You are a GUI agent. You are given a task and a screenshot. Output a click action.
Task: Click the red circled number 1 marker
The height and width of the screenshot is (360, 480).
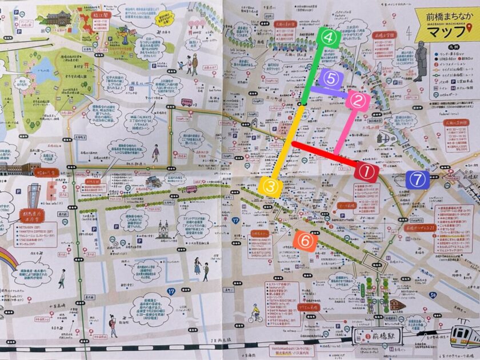(x=366, y=171)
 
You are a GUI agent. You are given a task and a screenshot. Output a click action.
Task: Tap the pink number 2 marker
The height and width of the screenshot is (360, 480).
(x=358, y=102)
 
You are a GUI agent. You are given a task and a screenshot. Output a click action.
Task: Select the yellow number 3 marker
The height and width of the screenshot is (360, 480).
(x=270, y=186)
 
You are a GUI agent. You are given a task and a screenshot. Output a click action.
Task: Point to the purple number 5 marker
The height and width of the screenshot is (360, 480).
(x=331, y=79)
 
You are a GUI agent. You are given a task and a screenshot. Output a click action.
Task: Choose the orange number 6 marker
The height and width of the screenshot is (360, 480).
(x=306, y=241)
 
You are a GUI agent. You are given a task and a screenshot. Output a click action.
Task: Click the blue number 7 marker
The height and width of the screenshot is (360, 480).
(x=418, y=179)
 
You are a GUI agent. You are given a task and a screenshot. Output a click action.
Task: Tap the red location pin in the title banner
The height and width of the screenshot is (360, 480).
(x=470, y=29)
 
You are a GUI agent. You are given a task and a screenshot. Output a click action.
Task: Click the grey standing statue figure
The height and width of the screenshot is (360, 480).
(x=420, y=62)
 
